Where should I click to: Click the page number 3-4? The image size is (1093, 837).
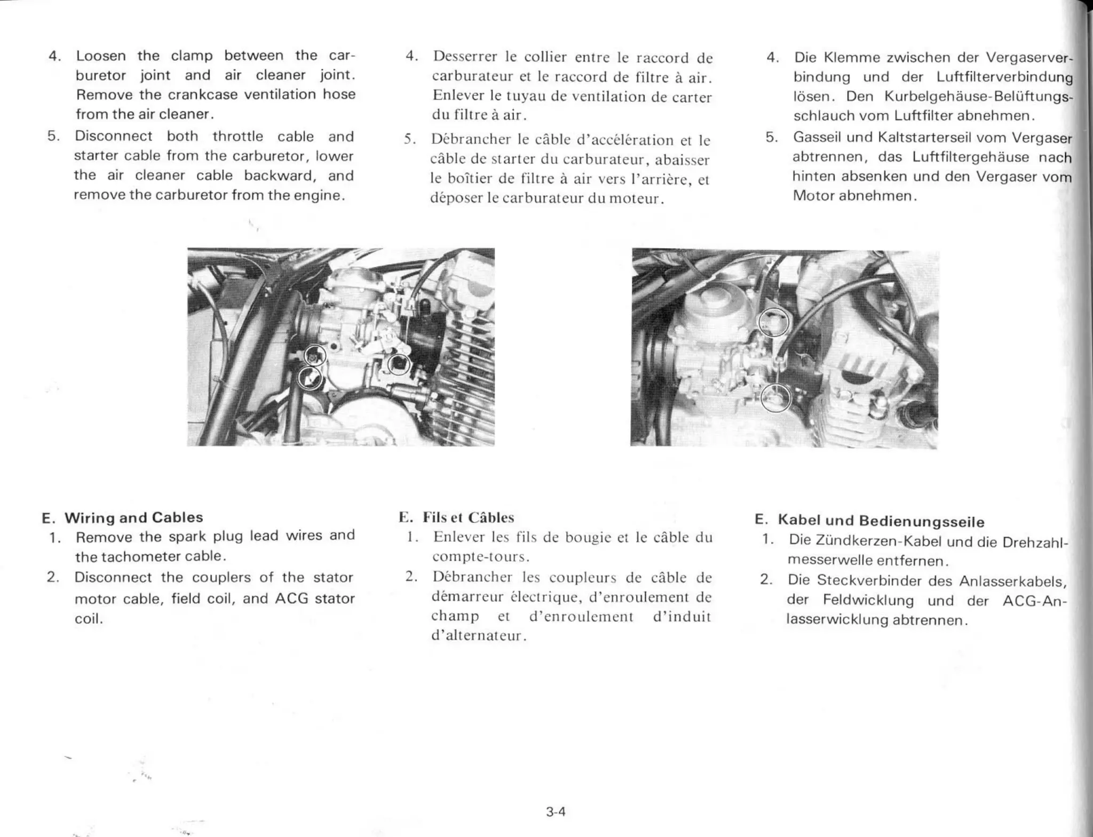click(x=555, y=812)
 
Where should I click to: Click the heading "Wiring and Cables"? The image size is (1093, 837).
click(x=133, y=517)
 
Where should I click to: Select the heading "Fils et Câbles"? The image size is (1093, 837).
click(x=468, y=517)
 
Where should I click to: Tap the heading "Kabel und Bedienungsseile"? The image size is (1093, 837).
click(x=881, y=521)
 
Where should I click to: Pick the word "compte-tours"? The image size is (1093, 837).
click(x=480, y=557)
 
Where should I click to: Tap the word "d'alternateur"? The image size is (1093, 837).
click(x=478, y=636)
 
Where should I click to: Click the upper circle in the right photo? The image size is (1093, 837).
click(x=774, y=322)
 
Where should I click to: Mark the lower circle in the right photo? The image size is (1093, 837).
click(x=775, y=397)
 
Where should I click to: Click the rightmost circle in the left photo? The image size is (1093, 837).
click(x=399, y=364)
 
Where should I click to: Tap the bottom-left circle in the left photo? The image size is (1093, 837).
click(x=310, y=378)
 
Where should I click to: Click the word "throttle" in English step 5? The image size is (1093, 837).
click(x=237, y=136)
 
